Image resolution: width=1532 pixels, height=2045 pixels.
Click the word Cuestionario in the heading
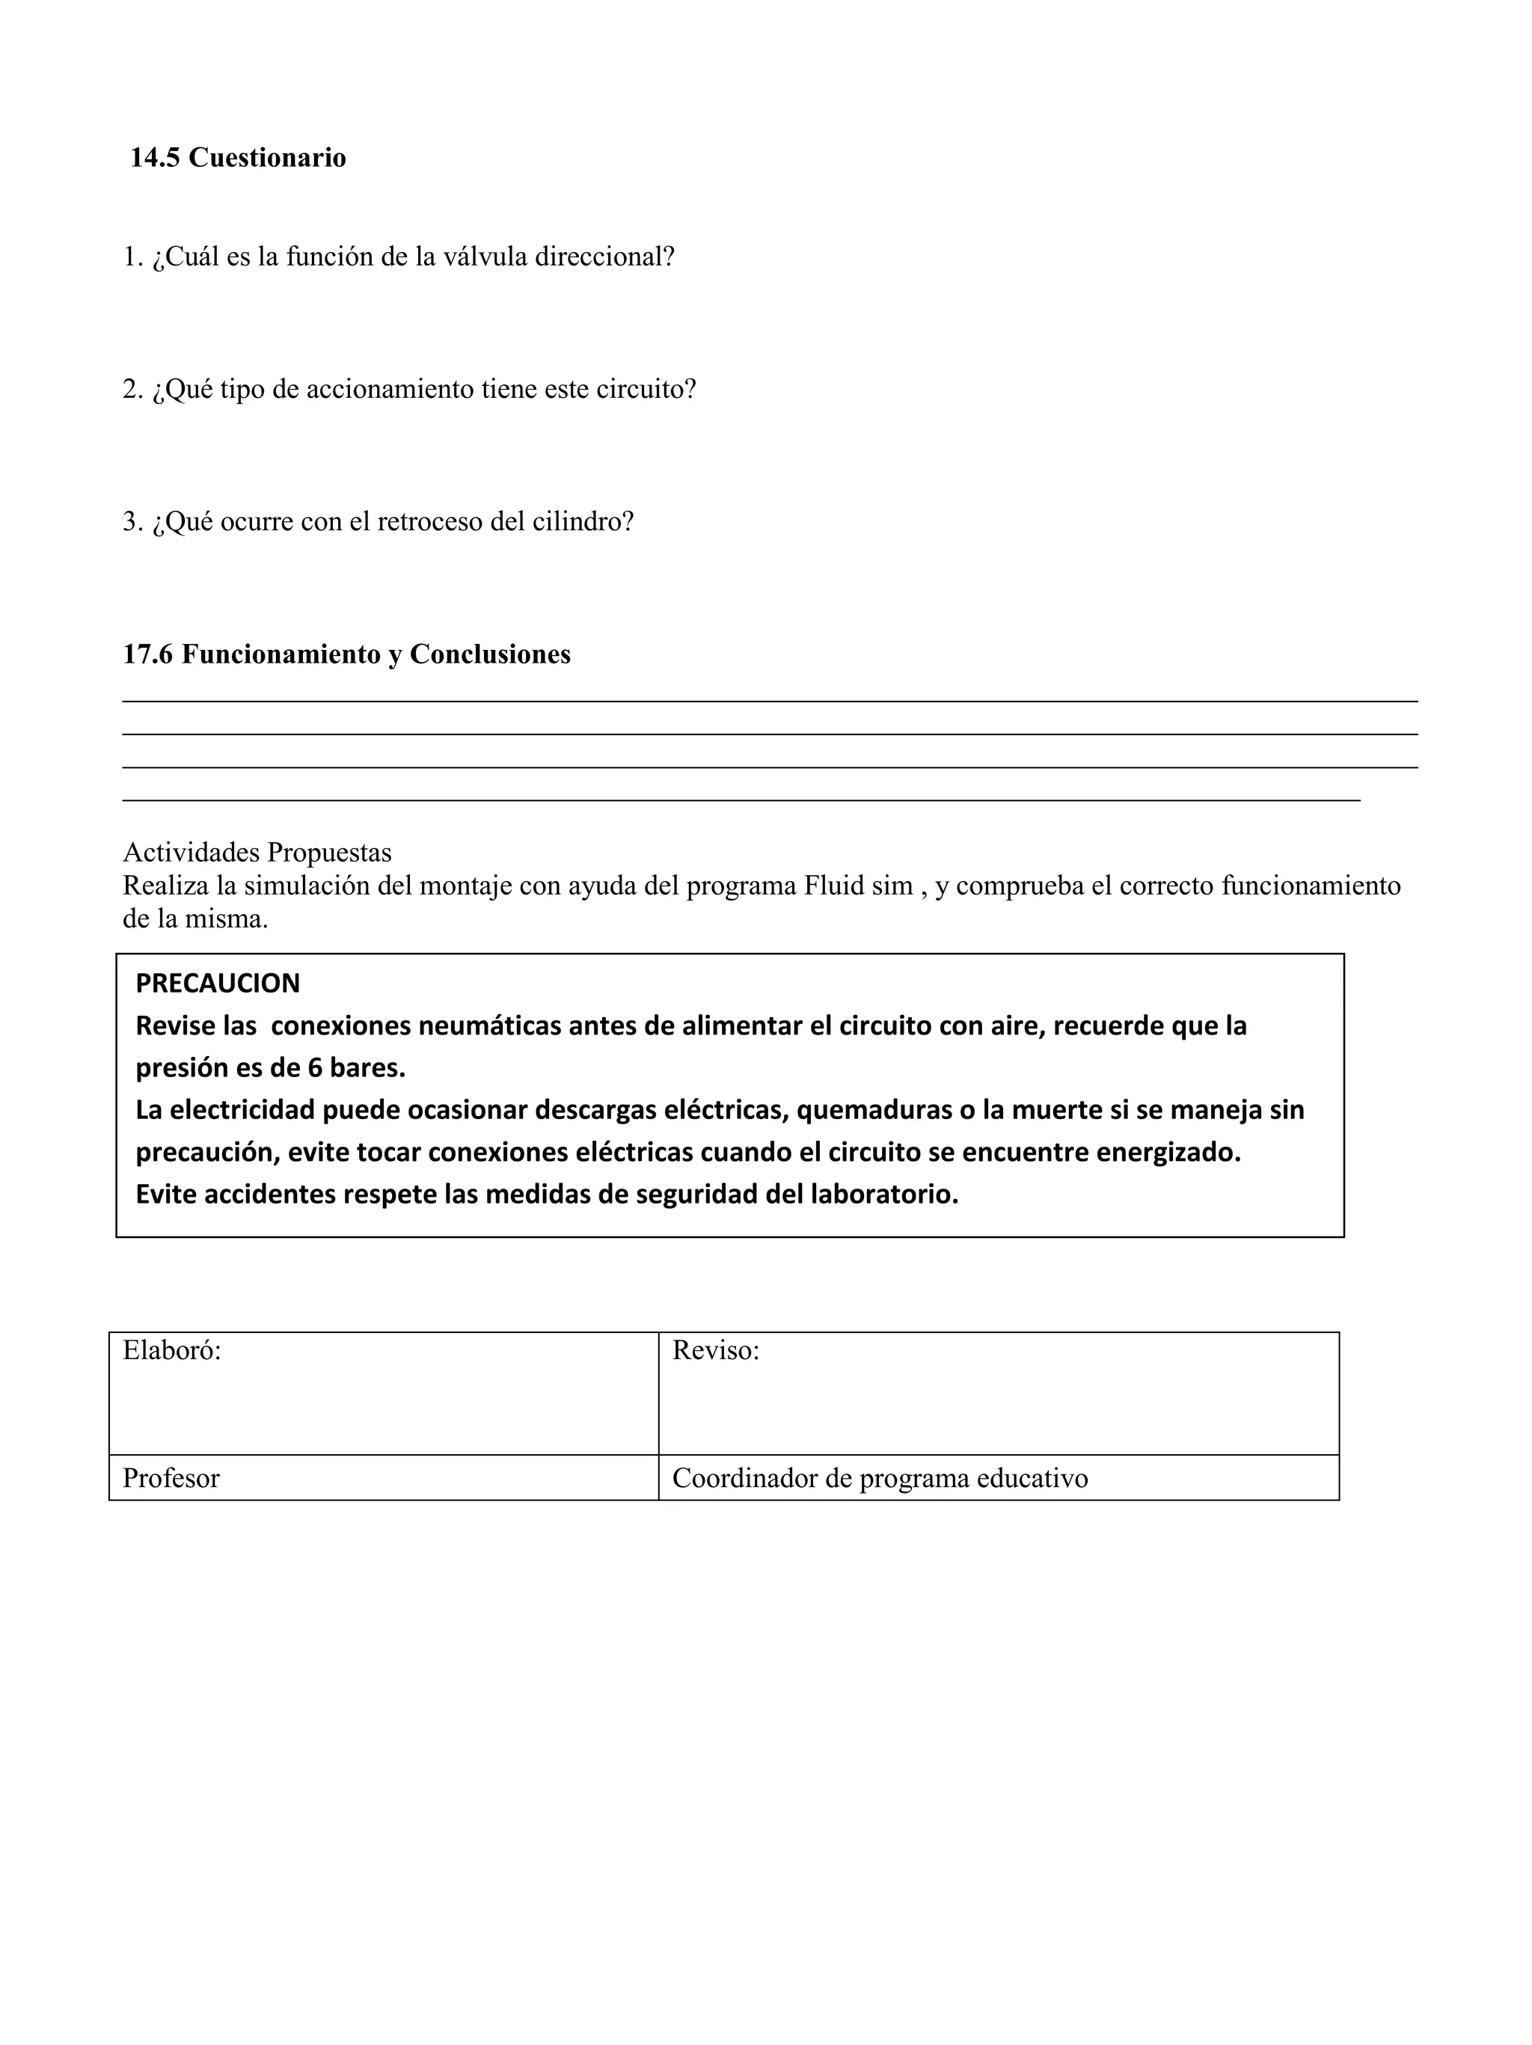[x=267, y=158]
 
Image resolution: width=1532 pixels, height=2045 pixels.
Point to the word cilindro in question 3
[x=583, y=522]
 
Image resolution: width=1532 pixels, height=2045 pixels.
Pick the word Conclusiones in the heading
[x=490, y=654]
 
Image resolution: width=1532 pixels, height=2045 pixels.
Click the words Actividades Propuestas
[x=257, y=853]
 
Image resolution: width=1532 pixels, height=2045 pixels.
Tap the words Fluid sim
[x=858, y=886]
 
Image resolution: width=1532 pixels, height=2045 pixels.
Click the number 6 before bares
[x=313, y=1068]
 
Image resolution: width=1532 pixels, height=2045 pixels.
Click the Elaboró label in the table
[x=172, y=1351]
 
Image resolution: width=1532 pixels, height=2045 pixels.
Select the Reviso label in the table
[x=716, y=1351]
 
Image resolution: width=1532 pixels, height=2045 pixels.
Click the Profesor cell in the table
[x=171, y=1478]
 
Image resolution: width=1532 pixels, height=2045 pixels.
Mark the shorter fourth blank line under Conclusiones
[x=740, y=800]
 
